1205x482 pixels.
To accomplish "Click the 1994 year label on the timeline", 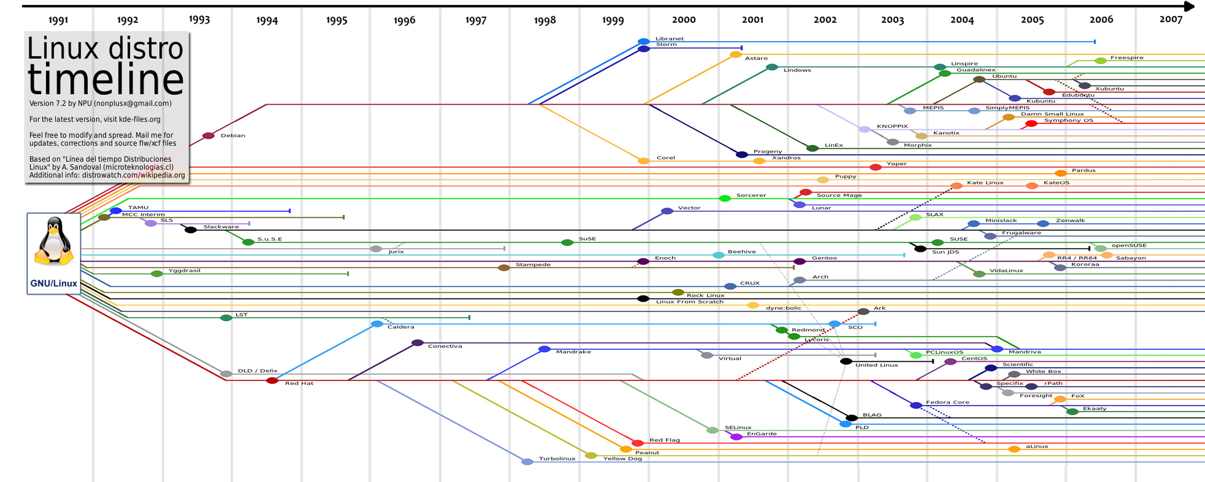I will pos(267,20).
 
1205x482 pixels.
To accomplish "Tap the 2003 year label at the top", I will pos(892,20).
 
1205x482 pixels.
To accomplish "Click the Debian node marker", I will pos(209,136).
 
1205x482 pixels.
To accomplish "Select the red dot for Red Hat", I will pos(272,380).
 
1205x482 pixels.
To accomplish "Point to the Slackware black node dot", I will pos(191,230).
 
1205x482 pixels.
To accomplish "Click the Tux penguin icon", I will pos(54,241).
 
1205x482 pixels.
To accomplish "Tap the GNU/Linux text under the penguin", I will pos(54,283).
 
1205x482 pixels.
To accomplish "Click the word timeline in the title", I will pos(105,79).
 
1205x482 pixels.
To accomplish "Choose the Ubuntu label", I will pos(1004,76).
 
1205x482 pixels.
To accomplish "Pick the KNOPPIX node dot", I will pos(864,129).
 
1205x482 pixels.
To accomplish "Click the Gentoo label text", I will pos(824,258).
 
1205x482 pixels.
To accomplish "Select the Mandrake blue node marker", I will pos(545,349).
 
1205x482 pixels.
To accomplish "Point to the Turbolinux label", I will pos(557,458).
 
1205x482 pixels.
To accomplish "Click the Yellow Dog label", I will pos(622,458).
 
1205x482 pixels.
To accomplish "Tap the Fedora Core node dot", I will pos(916,405).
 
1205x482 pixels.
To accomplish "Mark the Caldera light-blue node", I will pos(377,324).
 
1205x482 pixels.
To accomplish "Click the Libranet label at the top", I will pos(669,39).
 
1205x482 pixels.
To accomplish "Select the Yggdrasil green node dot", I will pos(157,273).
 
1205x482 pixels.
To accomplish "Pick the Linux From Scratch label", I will pos(690,302).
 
